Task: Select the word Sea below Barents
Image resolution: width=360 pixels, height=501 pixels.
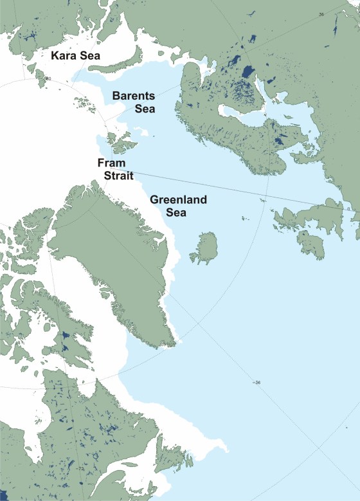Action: coord(145,109)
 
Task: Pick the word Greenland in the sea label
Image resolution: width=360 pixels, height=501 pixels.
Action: coord(178,200)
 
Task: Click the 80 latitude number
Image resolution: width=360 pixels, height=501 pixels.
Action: coord(48,79)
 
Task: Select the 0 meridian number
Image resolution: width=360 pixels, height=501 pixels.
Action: coord(348,208)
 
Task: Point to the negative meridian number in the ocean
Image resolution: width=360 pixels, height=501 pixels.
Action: coord(257,384)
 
